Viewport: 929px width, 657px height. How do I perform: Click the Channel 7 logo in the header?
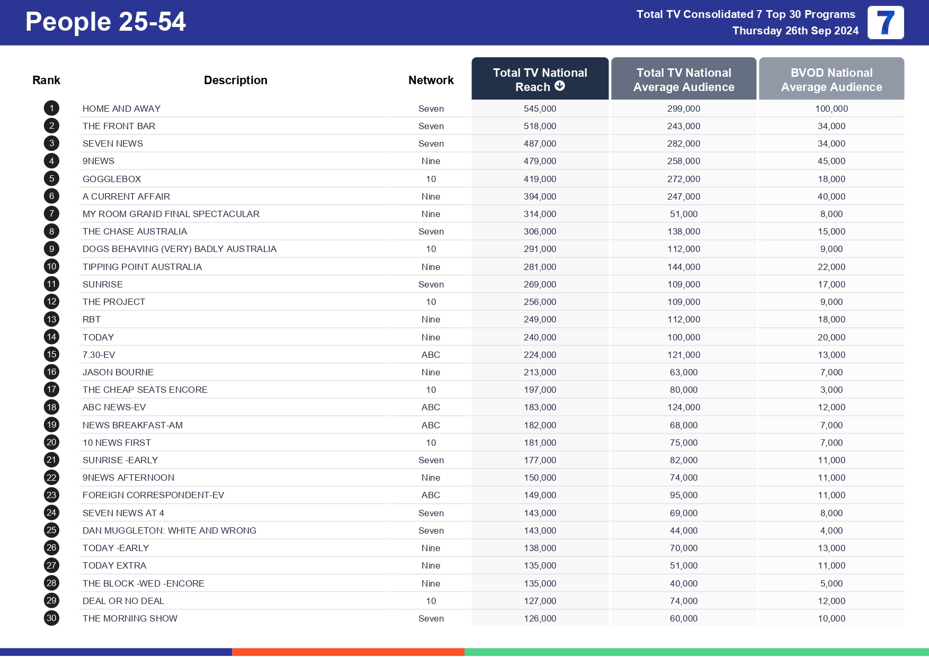tap(885, 23)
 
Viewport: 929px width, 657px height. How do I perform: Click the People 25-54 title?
tap(105, 22)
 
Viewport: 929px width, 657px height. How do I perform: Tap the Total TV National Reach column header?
tap(540, 79)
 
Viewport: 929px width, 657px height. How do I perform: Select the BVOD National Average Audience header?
tap(831, 79)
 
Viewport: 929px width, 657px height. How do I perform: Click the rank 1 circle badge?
tap(51, 109)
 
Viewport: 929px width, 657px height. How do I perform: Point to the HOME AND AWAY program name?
tap(121, 109)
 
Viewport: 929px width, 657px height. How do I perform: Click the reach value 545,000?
tap(540, 109)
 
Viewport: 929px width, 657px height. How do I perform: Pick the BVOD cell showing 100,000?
tap(831, 109)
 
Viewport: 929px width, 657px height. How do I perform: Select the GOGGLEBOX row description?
tap(112, 179)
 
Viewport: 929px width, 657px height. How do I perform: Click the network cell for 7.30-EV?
tap(431, 355)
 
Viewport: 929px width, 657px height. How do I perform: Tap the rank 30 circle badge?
tap(51, 618)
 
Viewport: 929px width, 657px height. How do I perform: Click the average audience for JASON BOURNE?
tap(683, 372)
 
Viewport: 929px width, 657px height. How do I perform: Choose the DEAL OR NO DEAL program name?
tap(123, 601)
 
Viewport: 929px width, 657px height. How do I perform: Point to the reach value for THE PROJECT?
tap(540, 302)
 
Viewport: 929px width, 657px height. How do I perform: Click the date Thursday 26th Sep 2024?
tap(795, 31)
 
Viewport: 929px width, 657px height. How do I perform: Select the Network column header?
tap(431, 80)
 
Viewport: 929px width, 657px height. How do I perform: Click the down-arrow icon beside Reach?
tap(560, 86)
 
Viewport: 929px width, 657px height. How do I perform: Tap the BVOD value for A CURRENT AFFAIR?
tap(831, 196)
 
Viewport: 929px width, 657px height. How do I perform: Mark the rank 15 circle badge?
tap(51, 354)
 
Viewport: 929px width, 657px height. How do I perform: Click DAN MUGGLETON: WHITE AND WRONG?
tap(169, 530)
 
